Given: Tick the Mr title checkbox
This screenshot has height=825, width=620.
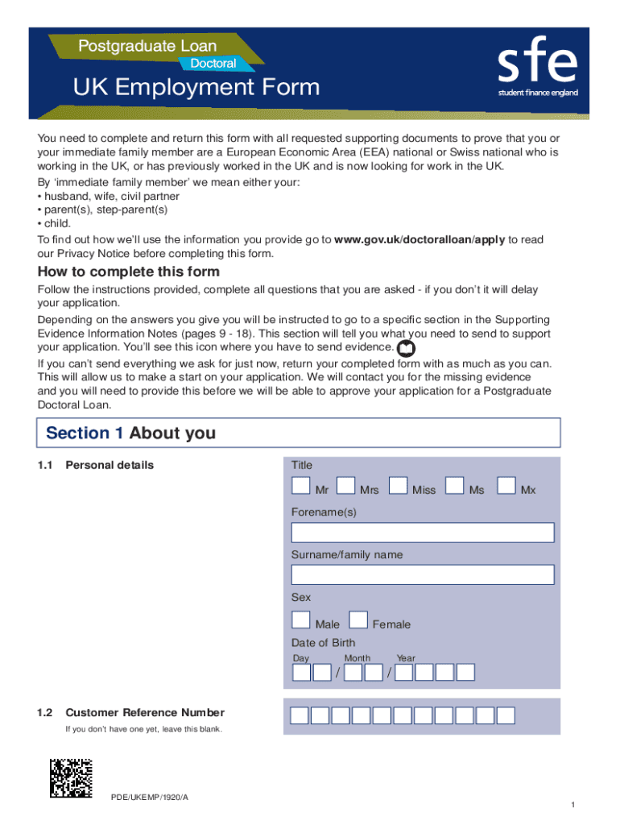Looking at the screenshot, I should tap(300, 485).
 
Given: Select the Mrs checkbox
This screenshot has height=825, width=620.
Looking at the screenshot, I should tap(345, 485).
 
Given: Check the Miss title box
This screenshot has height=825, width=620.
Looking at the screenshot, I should tap(398, 485).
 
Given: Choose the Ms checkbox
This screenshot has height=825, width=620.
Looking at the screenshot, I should tap(455, 485).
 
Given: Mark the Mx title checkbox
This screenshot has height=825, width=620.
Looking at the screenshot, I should tap(506, 485).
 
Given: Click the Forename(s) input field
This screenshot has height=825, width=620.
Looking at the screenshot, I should tap(422, 533).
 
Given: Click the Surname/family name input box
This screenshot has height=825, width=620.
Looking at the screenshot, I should tap(422, 574).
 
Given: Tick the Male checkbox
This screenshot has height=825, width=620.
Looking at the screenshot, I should tap(300, 620).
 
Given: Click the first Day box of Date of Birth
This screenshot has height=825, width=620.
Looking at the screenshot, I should tap(301, 672).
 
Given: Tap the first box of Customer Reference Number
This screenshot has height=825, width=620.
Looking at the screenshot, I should tap(299, 715).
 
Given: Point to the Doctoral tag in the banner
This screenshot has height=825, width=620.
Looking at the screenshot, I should tap(213, 63).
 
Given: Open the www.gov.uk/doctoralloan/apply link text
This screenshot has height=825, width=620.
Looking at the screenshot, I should tap(420, 239).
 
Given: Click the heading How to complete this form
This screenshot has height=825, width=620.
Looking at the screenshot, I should tap(129, 272).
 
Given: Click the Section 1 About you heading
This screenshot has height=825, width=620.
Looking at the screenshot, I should tap(131, 433).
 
